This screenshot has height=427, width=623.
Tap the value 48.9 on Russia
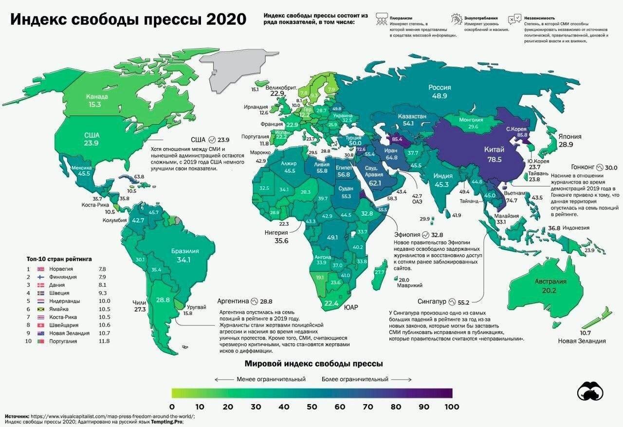click(440, 97)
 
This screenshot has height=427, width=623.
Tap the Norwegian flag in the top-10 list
click(41, 269)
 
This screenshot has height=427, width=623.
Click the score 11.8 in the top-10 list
click(104, 341)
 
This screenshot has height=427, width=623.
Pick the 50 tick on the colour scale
click(311, 407)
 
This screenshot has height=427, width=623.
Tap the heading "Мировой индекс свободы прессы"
click(313, 364)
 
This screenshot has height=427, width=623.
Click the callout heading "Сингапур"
click(432, 301)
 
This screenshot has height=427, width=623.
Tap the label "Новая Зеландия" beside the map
click(582, 341)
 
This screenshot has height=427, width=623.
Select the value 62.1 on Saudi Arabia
click(375, 184)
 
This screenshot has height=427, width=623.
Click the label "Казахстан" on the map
click(412, 116)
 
